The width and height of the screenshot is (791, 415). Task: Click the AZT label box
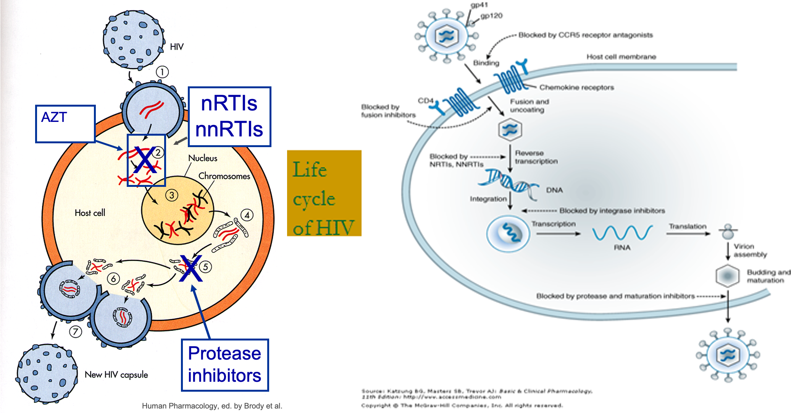pyautogui.click(x=65, y=124)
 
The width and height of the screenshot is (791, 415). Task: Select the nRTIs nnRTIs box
pyautogui.click(x=229, y=117)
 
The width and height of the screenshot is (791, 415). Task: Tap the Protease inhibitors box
pyautogui.click(x=224, y=365)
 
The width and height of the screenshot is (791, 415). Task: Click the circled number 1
pyautogui.click(x=162, y=72)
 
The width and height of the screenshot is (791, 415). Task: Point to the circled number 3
pyautogui.click(x=171, y=195)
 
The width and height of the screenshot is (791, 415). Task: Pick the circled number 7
pyautogui.click(x=75, y=331)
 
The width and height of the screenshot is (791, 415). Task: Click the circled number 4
pyautogui.click(x=247, y=215)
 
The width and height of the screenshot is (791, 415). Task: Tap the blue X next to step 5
pyautogui.click(x=191, y=269)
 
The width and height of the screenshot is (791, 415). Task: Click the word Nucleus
pyautogui.click(x=203, y=158)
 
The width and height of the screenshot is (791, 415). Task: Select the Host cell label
pyautogui.click(x=90, y=213)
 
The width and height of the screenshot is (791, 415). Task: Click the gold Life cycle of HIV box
pyautogui.click(x=324, y=193)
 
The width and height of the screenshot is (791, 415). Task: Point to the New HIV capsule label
pyautogui.click(x=116, y=375)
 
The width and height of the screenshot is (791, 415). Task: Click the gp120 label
pyautogui.click(x=491, y=16)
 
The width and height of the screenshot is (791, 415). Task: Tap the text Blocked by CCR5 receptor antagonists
pyautogui.click(x=585, y=35)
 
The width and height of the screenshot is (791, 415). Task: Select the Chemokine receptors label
pyautogui.click(x=576, y=88)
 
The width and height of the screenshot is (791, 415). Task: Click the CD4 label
pyautogui.click(x=425, y=101)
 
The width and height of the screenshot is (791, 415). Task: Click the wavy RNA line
pyautogui.click(x=622, y=233)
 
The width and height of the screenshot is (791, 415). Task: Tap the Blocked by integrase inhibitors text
pyautogui.click(x=612, y=211)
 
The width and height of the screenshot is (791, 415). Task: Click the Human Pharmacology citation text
pyautogui.click(x=212, y=406)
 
